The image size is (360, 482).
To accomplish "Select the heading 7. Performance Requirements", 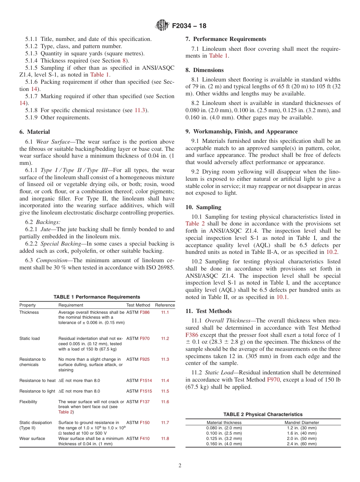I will tap(226, 39).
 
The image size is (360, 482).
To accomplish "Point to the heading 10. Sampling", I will tap(203, 207).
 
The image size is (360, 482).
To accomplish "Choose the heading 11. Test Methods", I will tap(208, 311).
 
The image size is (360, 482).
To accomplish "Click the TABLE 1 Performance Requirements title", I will tap(97, 297).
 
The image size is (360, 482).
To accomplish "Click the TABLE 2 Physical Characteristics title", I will tap(263, 415).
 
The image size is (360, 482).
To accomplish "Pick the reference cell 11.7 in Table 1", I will tap(165, 423).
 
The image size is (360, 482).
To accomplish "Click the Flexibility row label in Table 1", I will tap(28, 402).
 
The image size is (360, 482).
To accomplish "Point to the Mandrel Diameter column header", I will tap(302, 423).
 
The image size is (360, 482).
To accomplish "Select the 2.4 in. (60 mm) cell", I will tap(302, 444).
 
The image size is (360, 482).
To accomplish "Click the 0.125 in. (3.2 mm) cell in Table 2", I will tap(224, 438).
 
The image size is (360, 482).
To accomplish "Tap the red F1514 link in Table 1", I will tap(146, 380).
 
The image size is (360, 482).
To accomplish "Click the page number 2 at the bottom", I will tap(180, 466).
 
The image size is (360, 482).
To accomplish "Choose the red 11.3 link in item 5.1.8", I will tap(139, 110).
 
